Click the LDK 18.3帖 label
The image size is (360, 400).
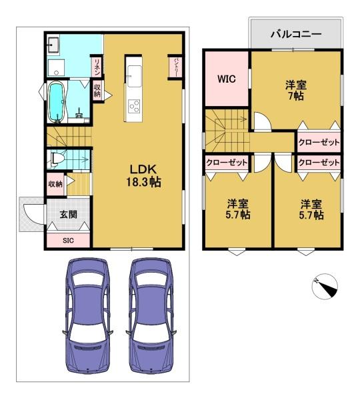tap(143, 175)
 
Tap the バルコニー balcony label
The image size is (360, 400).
tap(296, 34)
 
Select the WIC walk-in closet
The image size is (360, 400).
tap(227, 79)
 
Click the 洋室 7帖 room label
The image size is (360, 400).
tap(296, 90)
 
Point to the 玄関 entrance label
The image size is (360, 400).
tap(69, 215)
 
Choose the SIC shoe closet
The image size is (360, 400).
tap(69, 240)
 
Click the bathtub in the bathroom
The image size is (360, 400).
tap(57, 102)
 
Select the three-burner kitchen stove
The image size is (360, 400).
tap(134, 107)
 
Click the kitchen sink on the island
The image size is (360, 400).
tap(134, 76)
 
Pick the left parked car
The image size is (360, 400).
tap(87, 316)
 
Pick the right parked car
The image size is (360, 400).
tap(151, 316)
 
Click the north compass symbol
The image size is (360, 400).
tap(325, 287)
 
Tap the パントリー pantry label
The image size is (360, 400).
tap(176, 67)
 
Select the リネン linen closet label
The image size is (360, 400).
tap(97, 67)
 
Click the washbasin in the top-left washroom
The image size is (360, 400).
tap(53, 45)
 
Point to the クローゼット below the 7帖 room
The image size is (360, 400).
tap(319, 142)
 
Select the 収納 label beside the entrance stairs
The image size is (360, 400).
tap(55, 184)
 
